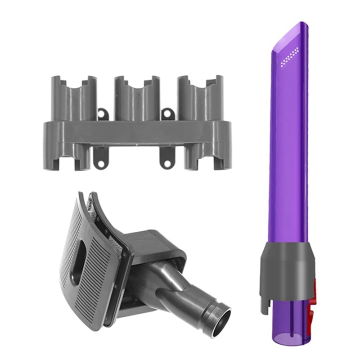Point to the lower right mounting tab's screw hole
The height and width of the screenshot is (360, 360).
coord(166,160)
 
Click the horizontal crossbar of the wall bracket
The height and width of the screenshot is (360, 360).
coord(135,134)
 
